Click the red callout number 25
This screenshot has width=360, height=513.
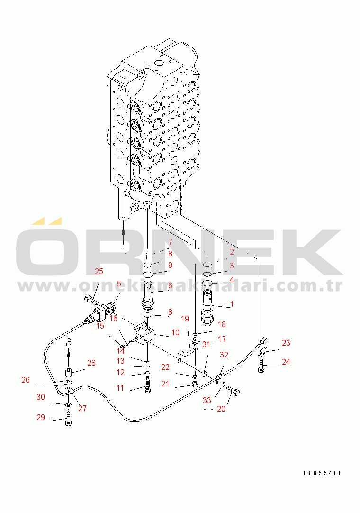tap(99, 271)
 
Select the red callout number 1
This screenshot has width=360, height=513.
tap(232, 304)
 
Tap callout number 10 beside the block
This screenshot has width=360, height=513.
tap(175, 332)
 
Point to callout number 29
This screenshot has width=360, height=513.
tap(41, 417)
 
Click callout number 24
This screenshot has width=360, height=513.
tap(286, 362)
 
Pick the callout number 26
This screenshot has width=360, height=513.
tap(26, 380)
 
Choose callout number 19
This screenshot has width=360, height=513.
tap(185, 319)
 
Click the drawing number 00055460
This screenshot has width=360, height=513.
tap(323, 473)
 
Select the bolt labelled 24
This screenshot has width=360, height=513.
tap(261, 366)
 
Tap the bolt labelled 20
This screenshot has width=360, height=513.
tap(233, 391)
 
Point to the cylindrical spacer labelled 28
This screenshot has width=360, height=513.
tap(68, 373)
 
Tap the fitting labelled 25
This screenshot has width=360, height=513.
tap(91, 299)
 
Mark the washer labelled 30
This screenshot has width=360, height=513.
tap(68, 405)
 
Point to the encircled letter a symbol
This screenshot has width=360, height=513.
tap(69, 342)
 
